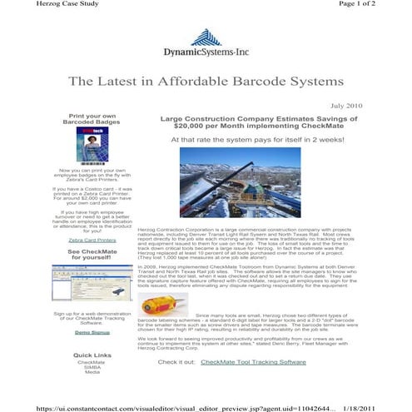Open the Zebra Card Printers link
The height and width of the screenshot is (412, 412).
point(92,239)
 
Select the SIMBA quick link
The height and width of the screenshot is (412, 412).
point(92,366)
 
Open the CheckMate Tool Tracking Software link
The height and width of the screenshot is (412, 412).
point(253,362)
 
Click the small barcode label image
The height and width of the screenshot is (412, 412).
point(157,304)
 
